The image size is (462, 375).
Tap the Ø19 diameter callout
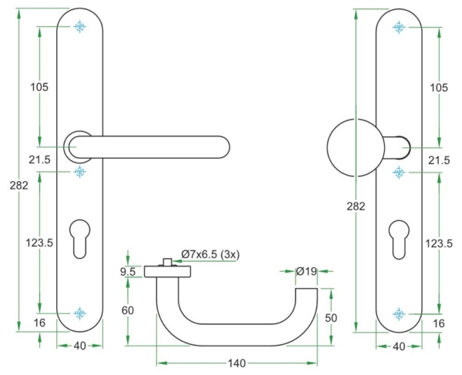coord(307,271)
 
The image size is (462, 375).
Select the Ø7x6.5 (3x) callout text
coord(209,254)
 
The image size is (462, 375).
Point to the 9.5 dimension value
coord(129,271)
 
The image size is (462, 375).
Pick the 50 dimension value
coord(332,317)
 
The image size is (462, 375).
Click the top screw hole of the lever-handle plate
coord(79,28)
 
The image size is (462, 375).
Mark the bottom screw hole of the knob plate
coord(398,313)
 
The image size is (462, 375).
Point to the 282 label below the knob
coord(357,207)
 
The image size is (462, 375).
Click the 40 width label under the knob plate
coord(398,347)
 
